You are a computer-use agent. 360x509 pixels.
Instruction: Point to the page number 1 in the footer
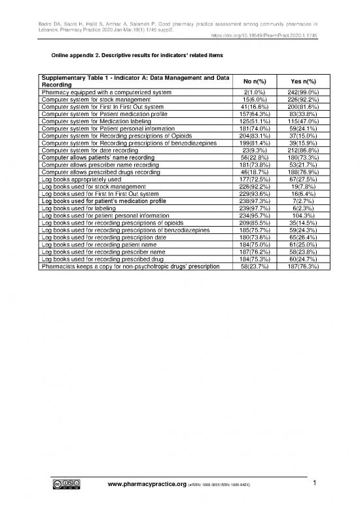[x=315, y=484]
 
